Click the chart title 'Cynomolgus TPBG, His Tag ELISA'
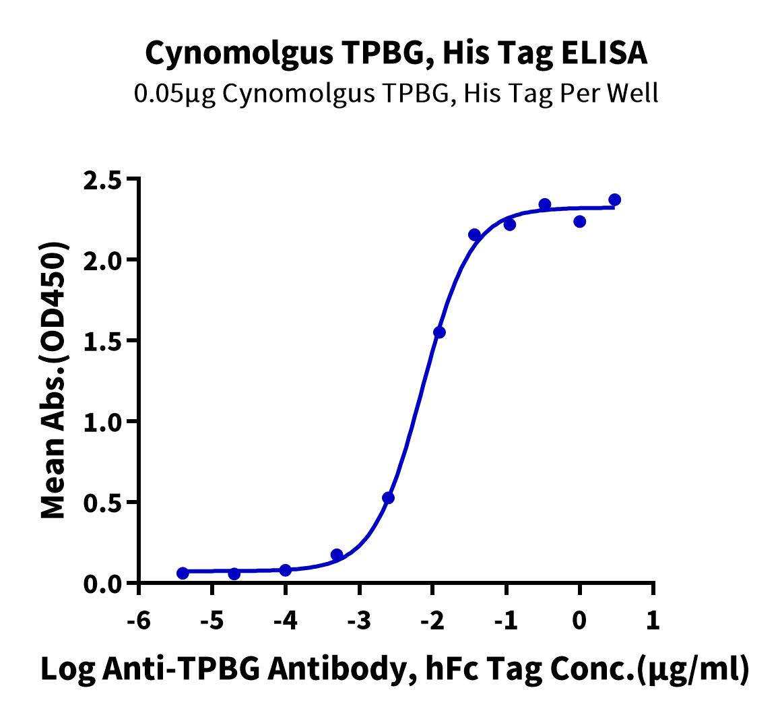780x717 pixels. point(396,53)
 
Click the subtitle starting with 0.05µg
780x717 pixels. point(396,94)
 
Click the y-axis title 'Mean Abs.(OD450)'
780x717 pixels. point(55,380)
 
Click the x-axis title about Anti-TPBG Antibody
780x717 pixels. point(395,671)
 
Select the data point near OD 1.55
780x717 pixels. point(439,332)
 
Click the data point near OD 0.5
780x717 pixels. point(388,498)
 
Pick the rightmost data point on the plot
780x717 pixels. point(614,199)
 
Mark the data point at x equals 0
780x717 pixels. point(580,221)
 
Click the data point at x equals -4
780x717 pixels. point(285,570)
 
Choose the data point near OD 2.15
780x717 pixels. point(474,235)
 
